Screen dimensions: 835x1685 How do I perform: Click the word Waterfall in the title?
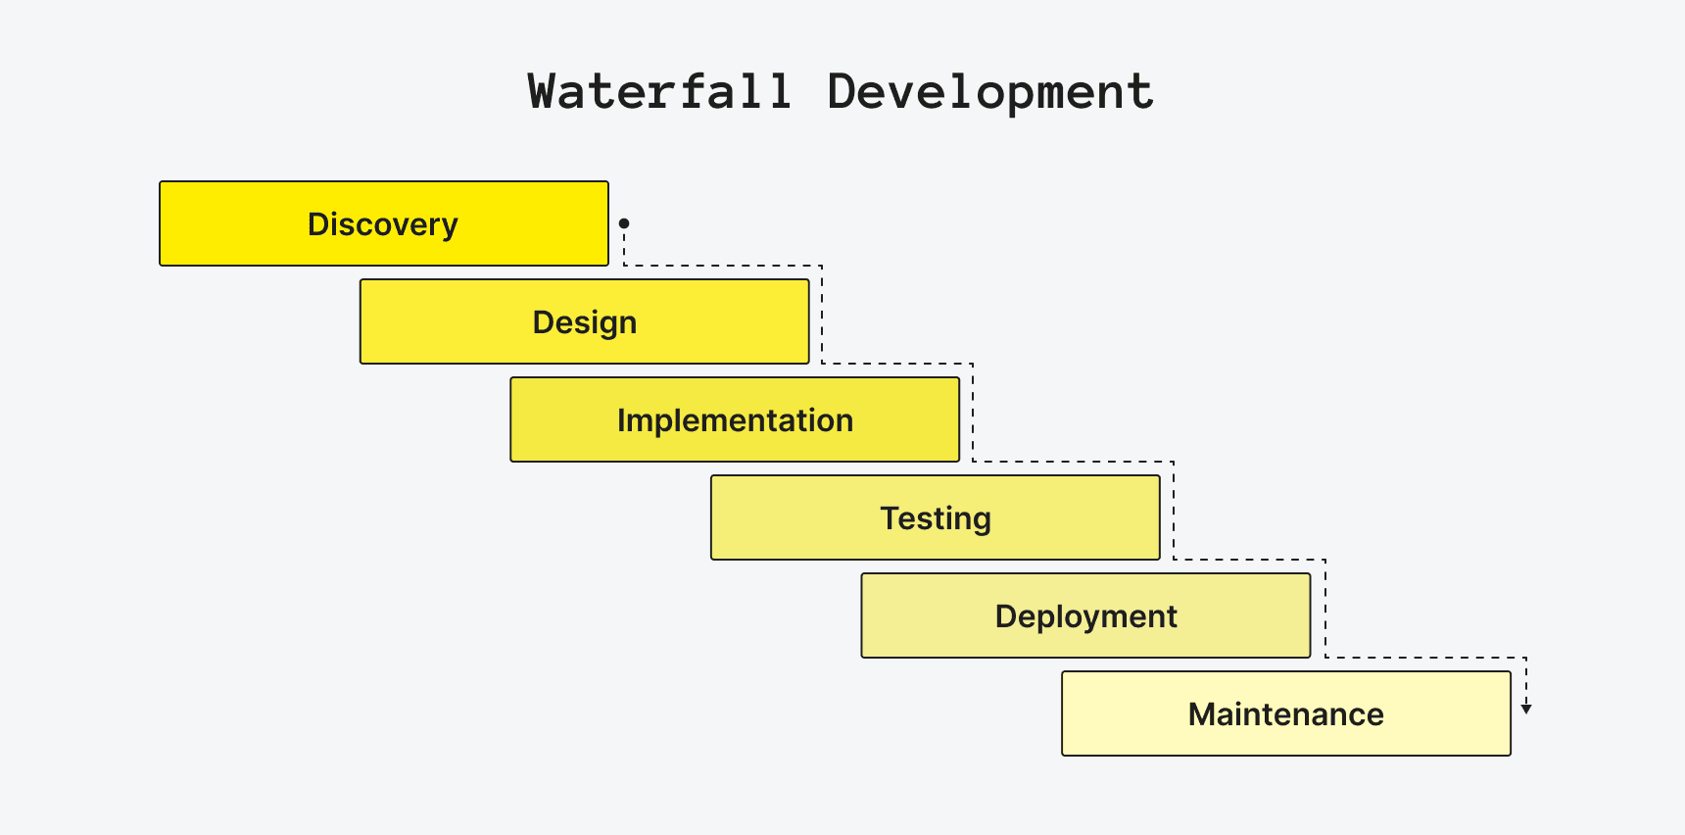[x=659, y=92]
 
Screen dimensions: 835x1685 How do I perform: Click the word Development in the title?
[x=990, y=92]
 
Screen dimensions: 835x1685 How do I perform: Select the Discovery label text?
[x=383, y=224]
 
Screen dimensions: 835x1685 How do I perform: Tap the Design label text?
[x=585, y=322]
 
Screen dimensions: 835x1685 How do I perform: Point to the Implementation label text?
[x=735, y=420]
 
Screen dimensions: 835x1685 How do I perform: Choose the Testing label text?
[x=936, y=518]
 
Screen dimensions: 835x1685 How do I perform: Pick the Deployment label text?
[x=1085, y=616]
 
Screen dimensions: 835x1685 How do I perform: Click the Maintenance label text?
[x=1285, y=714]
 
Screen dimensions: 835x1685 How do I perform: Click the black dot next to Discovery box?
[x=624, y=223]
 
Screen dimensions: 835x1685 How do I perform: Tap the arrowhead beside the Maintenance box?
[x=1526, y=709]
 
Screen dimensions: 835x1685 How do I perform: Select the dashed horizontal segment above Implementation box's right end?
[x=897, y=364]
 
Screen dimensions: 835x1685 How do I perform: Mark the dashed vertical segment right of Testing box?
[x=1174, y=510]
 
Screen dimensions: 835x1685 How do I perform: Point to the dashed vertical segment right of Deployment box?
[x=1325, y=608]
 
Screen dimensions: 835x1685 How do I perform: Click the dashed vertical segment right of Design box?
[x=822, y=314]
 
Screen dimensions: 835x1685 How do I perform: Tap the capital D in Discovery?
[x=317, y=224]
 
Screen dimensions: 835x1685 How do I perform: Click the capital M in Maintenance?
[x=1201, y=714]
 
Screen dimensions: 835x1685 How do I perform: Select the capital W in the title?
[x=544, y=92]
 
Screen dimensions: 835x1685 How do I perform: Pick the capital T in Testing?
[x=889, y=517]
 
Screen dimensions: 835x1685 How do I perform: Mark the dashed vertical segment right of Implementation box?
[x=973, y=412]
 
